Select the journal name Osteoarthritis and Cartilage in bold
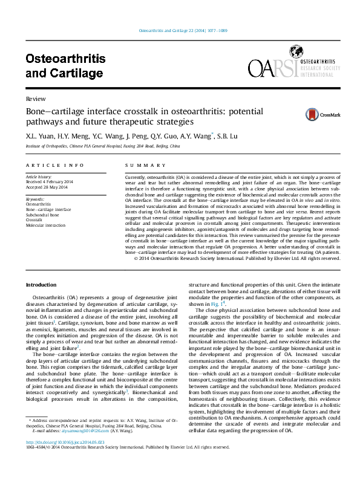(x=65, y=66)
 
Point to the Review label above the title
(x=34, y=99)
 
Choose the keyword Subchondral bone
(x=42, y=215)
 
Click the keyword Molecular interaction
(x=45, y=225)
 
